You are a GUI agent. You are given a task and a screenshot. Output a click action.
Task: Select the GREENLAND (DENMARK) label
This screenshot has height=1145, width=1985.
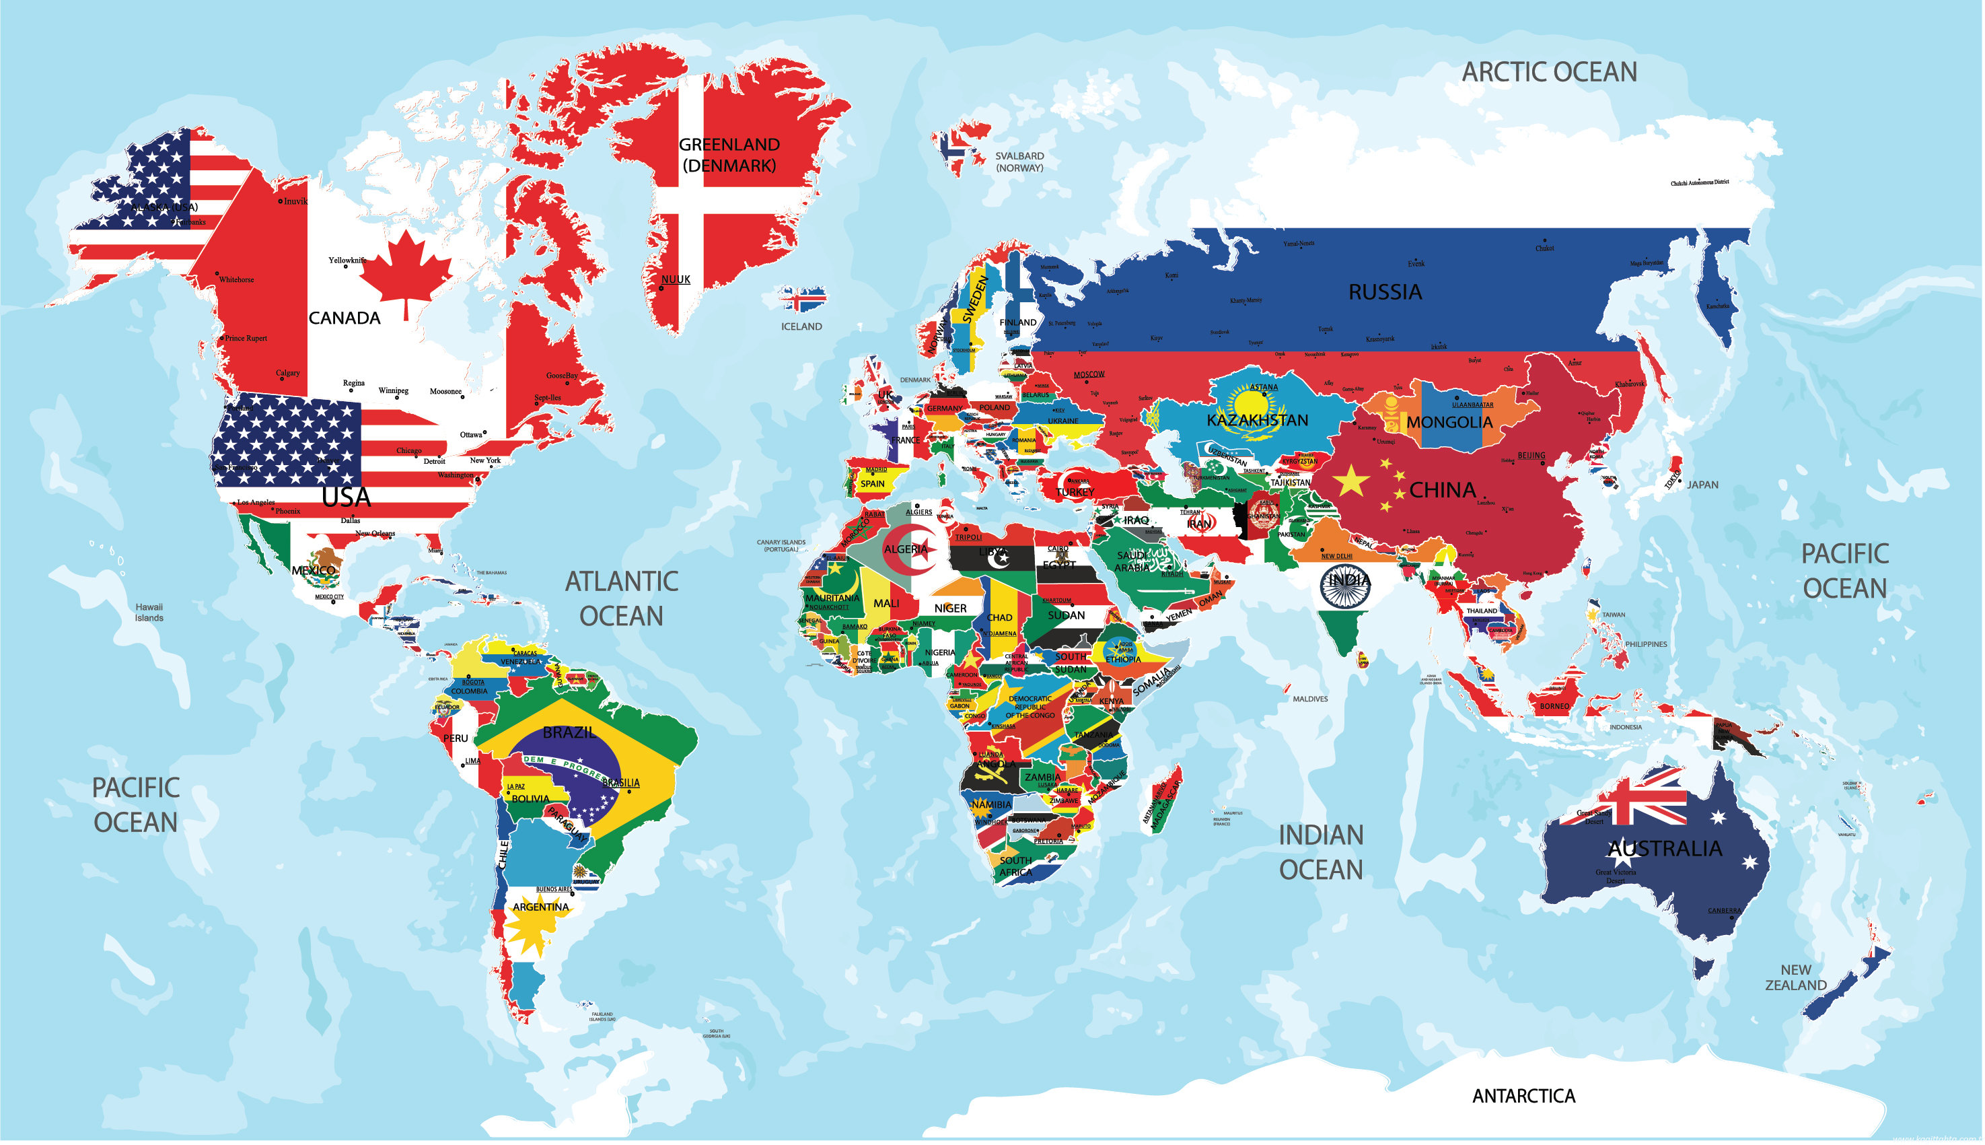(x=729, y=155)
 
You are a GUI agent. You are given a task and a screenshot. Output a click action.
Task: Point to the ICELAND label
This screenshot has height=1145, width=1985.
(x=802, y=327)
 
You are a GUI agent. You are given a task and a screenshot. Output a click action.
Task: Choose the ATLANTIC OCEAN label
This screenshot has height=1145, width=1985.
(x=622, y=599)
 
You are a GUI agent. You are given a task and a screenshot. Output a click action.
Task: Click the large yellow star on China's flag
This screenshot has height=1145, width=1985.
(x=1351, y=481)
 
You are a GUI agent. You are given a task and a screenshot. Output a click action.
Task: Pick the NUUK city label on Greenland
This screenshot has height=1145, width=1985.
(x=676, y=280)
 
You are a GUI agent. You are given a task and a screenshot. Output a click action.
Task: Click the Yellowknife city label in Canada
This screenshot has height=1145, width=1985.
(x=347, y=261)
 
